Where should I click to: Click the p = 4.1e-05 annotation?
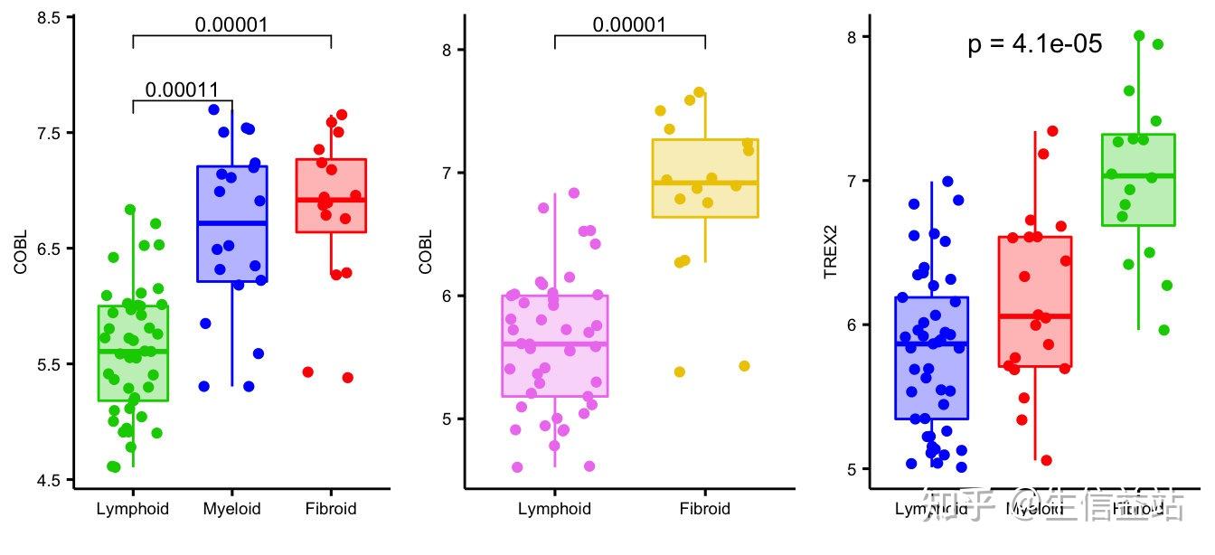(x=1034, y=44)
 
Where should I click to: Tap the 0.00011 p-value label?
(x=182, y=90)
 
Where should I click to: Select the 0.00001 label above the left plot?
(x=231, y=25)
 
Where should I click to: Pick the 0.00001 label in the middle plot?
(x=629, y=25)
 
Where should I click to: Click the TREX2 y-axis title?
(x=831, y=254)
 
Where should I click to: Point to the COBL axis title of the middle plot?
(x=426, y=252)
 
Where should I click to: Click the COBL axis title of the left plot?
(x=21, y=252)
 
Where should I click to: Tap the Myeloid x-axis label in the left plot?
(x=231, y=509)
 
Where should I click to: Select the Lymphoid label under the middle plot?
(x=554, y=509)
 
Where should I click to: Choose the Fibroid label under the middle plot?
(x=704, y=509)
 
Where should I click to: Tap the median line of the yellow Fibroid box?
(x=705, y=183)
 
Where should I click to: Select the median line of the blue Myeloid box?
(x=232, y=222)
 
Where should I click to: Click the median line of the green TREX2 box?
(x=1138, y=175)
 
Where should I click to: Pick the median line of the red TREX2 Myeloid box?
(x=1035, y=316)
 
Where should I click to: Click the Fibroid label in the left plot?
(x=331, y=509)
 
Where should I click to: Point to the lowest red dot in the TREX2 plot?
(x=1046, y=460)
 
